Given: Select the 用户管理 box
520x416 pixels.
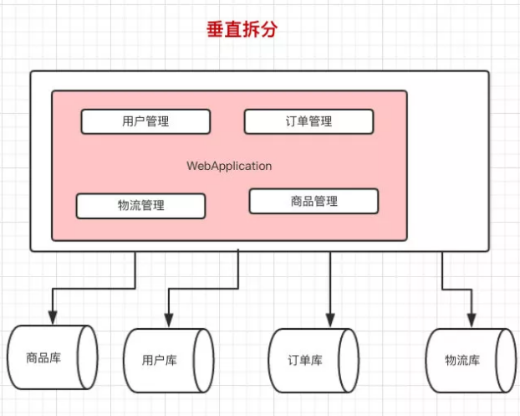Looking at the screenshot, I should point(145,121).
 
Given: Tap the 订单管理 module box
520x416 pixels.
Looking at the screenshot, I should point(308,121).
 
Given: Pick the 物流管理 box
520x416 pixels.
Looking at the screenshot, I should point(140,206).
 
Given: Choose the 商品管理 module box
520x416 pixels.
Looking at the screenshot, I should point(314,201).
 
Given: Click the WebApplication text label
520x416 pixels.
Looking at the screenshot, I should point(229,166).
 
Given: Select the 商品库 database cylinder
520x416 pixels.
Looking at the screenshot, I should point(52,359).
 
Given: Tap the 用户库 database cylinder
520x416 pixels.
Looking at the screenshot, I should point(168,361).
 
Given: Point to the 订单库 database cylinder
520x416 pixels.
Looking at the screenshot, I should point(314,361).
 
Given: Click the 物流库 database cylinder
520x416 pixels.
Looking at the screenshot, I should point(470,361).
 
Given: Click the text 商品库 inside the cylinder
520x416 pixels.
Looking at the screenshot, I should point(43,359).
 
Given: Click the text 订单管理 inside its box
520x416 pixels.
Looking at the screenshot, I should point(308,121).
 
